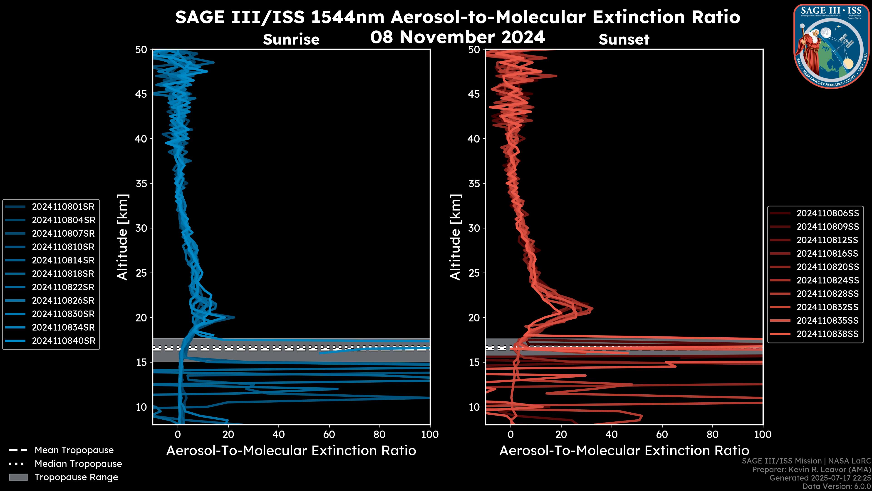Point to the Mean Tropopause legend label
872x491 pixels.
74,450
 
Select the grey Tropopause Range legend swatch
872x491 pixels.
18,477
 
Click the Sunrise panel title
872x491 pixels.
291,40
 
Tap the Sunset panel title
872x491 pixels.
624,40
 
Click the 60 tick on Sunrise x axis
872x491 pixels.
329,434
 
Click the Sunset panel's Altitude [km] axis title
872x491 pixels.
456,237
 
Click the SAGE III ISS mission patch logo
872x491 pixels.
831,46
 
